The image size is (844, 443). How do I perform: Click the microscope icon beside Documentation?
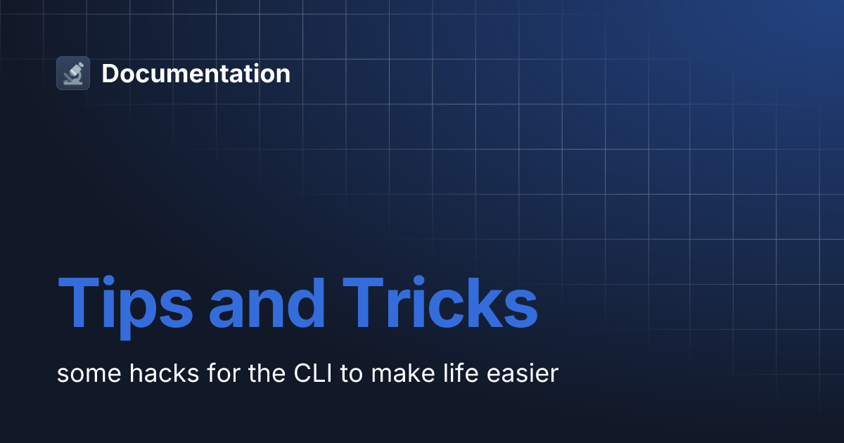[x=73, y=73]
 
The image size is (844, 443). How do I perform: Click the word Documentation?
[x=196, y=73]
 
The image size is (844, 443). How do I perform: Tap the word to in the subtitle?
[x=350, y=373]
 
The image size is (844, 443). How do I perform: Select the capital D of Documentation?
[x=111, y=73]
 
